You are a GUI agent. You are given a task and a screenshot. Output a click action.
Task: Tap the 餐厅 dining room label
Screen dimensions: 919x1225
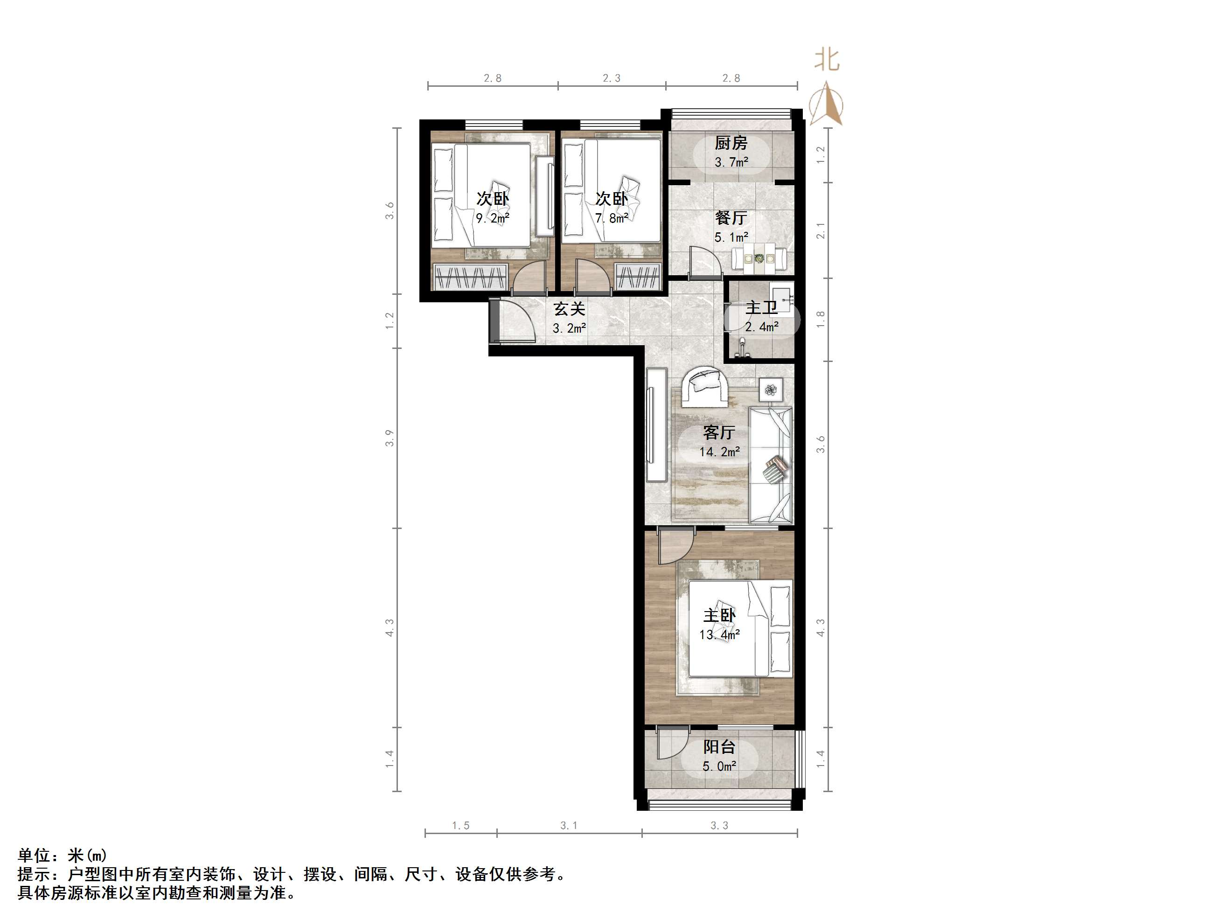pos(731,218)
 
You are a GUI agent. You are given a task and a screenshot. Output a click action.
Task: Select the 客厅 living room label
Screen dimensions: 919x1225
pos(719,432)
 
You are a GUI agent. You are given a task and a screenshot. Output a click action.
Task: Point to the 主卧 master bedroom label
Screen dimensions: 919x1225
pos(719,615)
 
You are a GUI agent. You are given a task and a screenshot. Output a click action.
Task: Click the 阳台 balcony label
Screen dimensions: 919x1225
pos(719,747)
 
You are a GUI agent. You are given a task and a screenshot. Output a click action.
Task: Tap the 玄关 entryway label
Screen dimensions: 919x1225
pos(569,308)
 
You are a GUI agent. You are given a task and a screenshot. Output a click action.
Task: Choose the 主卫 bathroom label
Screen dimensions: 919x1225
pos(761,307)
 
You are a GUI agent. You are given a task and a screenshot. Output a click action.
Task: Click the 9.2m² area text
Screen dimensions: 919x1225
pos(492,218)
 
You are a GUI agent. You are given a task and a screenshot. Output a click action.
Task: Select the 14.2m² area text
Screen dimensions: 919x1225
pos(719,452)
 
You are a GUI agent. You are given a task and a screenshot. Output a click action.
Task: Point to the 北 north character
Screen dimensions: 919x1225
pos(826,60)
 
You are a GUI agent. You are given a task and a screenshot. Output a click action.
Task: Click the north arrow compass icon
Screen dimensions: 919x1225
pos(826,104)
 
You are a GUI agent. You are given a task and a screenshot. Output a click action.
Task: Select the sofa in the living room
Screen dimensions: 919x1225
pos(770,465)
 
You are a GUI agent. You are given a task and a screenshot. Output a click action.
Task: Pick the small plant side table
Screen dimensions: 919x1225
pos(770,390)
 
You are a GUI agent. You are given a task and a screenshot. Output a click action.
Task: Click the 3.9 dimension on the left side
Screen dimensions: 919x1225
pos(390,438)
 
